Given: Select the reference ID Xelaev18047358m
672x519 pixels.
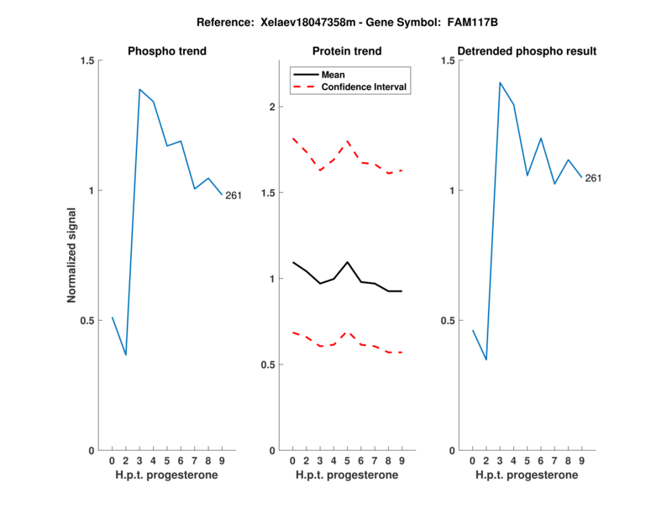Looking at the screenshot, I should [x=298, y=22].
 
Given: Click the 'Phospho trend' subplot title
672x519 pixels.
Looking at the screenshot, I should [x=167, y=51].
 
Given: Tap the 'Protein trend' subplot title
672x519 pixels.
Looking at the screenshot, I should [x=347, y=51].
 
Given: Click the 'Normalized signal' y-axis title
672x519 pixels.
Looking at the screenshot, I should [x=72, y=254].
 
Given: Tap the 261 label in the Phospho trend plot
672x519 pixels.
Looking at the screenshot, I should [x=234, y=196].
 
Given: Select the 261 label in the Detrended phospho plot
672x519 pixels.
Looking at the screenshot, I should [x=593, y=178].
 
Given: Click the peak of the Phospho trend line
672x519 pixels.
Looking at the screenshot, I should [x=139, y=89].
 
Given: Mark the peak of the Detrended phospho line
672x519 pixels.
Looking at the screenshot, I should [x=500, y=82].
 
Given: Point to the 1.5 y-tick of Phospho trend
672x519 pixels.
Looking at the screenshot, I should [x=87, y=60].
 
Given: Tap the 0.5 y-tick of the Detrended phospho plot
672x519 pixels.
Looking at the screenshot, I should [x=448, y=321].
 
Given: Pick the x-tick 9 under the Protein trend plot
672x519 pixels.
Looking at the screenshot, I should [x=402, y=461].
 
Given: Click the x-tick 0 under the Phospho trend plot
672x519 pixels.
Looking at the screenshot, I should [x=112, y=461].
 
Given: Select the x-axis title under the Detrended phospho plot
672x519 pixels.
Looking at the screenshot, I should [x=528, y=474].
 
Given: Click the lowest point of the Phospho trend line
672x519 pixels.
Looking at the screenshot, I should [x=126, y=355].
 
